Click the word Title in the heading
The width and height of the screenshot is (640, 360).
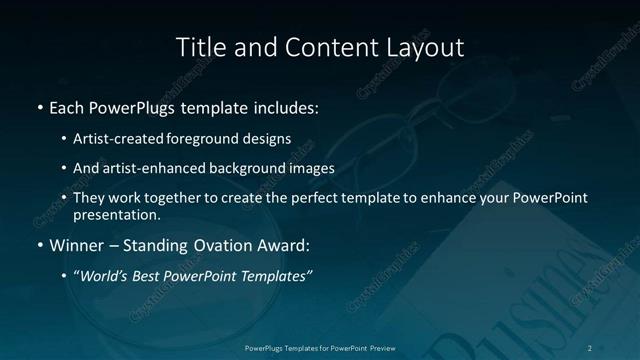tap(198, 47)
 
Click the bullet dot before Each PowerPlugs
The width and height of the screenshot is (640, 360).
tap(39, 106)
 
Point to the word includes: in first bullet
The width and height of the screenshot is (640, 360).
tap(288, 106)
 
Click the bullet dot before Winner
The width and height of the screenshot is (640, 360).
tap(39, 244)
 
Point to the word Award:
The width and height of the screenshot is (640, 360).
tap(286, 244)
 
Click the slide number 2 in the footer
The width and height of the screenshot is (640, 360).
tap(590, 347)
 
